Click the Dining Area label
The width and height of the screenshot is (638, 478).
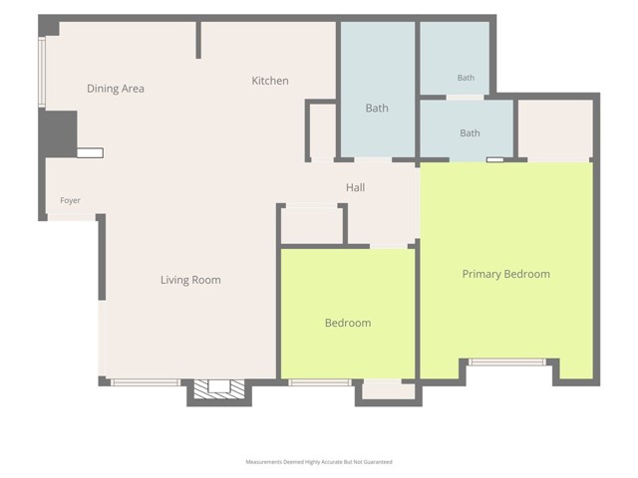pos(116,89)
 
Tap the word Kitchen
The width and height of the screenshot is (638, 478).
pos(270,81)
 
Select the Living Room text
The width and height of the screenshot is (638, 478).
pos(190,280)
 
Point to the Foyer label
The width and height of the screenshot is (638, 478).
pos(70,200)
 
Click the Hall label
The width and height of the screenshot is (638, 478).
pos(355,187)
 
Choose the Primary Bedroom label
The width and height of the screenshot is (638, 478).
pos(505,274)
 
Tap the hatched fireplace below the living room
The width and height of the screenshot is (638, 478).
pos(219,389)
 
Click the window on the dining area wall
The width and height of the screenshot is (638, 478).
pos(42,72)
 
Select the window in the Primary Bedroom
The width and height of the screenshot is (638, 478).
pos(506,361)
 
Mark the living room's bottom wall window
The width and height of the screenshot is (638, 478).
pos(146,382)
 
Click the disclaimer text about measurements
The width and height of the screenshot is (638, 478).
pos(319,462)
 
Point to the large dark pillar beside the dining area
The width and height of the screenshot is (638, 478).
pos(58,133)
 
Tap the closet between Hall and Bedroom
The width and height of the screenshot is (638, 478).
pos(312,226)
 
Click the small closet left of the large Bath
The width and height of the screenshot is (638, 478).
pos(323,131)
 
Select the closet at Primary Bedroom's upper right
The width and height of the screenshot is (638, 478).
pos(555,129)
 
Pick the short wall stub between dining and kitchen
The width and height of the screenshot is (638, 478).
pos(198,40)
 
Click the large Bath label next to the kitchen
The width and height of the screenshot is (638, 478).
pos(377,109)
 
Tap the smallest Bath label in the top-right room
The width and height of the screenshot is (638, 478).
pos(466,78)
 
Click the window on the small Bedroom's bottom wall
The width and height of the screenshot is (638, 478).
pos(320,382)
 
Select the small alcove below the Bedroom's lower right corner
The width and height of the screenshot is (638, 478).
pos(389,390)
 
